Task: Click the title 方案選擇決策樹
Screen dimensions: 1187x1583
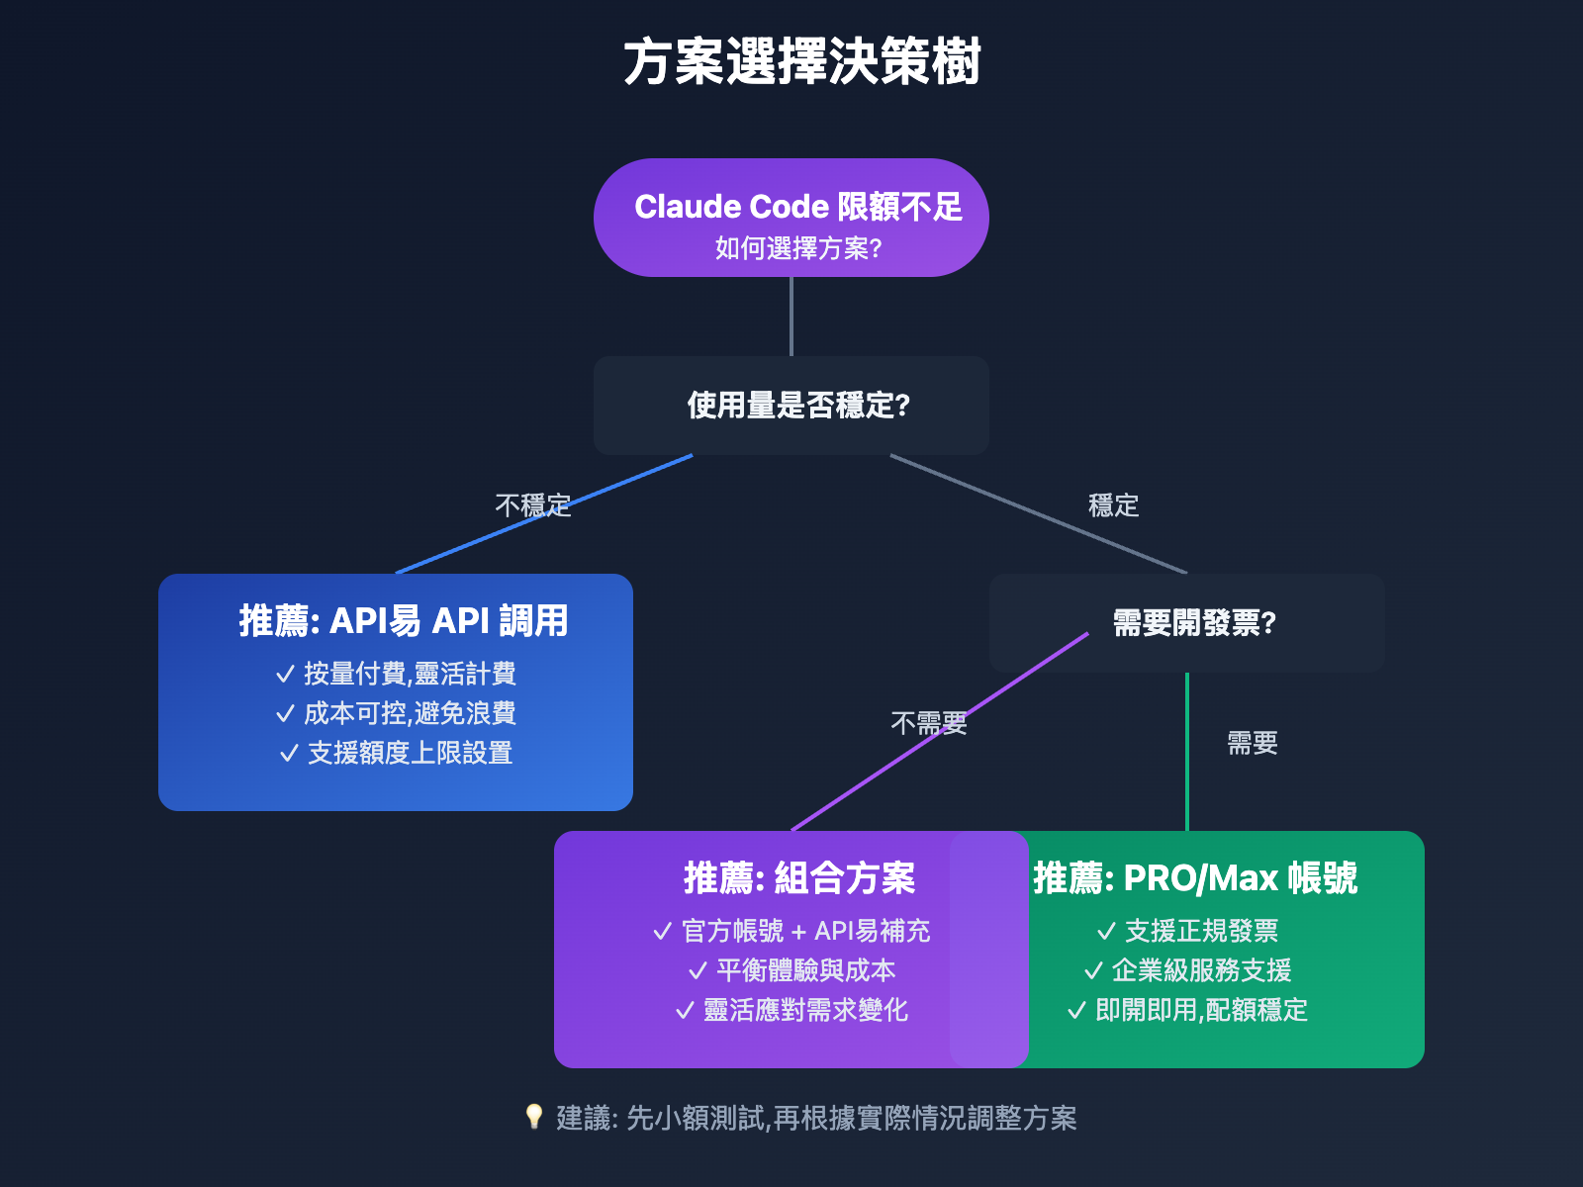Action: (x=801, y=61)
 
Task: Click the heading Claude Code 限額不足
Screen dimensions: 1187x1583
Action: (x=797, y=207)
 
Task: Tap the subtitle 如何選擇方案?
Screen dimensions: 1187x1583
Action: (x=797, y=248)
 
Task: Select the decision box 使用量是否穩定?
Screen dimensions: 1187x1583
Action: (x=797, y=406)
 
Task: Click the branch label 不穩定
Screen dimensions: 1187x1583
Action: (x=533, y=505)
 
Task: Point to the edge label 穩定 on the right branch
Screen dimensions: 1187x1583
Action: (x=1113, y=505)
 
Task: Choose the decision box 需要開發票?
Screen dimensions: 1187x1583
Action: (x=1194, y=623)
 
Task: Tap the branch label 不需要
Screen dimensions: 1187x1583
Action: (x=928, y=723)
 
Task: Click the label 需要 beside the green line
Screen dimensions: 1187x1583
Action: (x=1252, y=743)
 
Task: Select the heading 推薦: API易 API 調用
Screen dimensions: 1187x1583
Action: (x=403, y=621)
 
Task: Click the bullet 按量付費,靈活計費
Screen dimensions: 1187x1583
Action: (x=409, y=674)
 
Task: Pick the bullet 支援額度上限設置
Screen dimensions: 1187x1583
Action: (x=409, y=753)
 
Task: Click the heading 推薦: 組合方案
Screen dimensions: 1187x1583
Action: (x=798, y=878)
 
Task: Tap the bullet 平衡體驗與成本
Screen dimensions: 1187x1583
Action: (x=804, y=970)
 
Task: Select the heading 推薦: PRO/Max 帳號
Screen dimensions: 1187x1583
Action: (x=1194, y=878)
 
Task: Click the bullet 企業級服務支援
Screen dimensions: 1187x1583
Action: (x=1200, y=970)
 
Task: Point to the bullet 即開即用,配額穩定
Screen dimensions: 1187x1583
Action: (x=1200, y=1010)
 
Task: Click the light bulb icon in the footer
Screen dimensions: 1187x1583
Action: (x=534, y=1117)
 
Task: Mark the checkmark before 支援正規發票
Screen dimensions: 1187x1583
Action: (x=1106, y=931)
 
